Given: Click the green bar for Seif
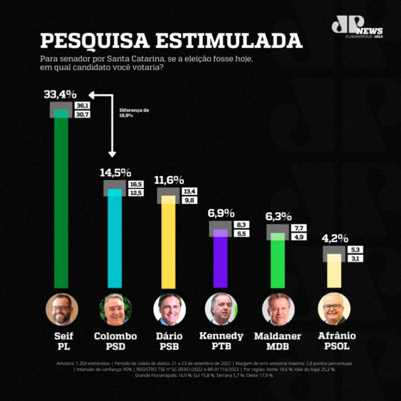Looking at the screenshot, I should [62, 204].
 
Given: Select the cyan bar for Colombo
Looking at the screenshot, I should [114, 240].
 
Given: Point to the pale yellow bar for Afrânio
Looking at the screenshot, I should [334, 272].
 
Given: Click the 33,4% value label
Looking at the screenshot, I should [60, 95].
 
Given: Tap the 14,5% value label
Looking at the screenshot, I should [115, 173].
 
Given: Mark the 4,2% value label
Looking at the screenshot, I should [335, 238].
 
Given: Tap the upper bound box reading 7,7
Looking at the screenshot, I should [299, 228].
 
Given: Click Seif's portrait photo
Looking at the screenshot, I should [62, 310].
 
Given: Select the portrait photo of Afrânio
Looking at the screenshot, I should [334, 310].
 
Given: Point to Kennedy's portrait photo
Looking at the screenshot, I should [221, 310].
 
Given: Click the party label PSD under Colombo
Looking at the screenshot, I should [115, 346].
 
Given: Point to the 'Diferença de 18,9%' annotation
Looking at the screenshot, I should [134, 112].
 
